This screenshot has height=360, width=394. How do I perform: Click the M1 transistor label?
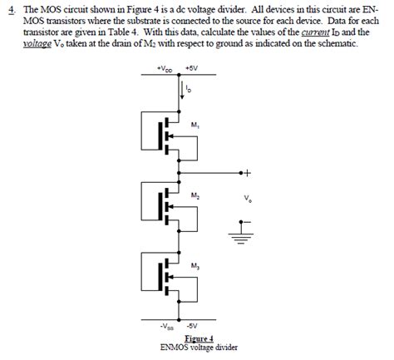[195, 126]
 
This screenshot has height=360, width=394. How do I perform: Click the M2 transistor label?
[195, 195]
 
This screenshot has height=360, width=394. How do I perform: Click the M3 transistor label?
[195, 266]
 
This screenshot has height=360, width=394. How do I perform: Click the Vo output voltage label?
[248, 200]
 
